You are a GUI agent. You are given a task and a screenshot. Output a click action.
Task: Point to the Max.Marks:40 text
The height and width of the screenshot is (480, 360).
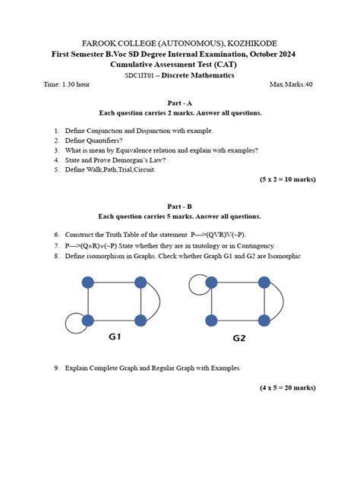[x=291, y=84]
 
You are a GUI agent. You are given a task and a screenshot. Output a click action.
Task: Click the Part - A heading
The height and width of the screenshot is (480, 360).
[x=180, y=103]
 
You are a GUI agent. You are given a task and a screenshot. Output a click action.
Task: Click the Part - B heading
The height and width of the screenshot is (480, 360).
[x=180, y=206]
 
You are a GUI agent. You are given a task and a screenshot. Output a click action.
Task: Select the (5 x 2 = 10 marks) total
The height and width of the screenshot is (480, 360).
[x=287, y=179]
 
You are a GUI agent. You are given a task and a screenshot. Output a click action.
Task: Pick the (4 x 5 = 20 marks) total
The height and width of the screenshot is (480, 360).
[x=287, y=387]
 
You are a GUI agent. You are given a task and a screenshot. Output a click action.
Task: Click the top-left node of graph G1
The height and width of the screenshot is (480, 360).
[x=87, y=283]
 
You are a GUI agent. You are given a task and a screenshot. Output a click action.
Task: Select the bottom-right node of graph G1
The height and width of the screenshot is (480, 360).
[x=141, y=320]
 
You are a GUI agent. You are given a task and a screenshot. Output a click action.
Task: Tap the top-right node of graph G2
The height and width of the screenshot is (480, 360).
[x=263, y=283]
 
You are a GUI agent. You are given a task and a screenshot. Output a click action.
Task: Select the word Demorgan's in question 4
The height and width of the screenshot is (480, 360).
[x=132, y=160]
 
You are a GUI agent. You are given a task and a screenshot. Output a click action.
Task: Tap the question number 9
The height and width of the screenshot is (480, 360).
[x=56, y=368]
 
